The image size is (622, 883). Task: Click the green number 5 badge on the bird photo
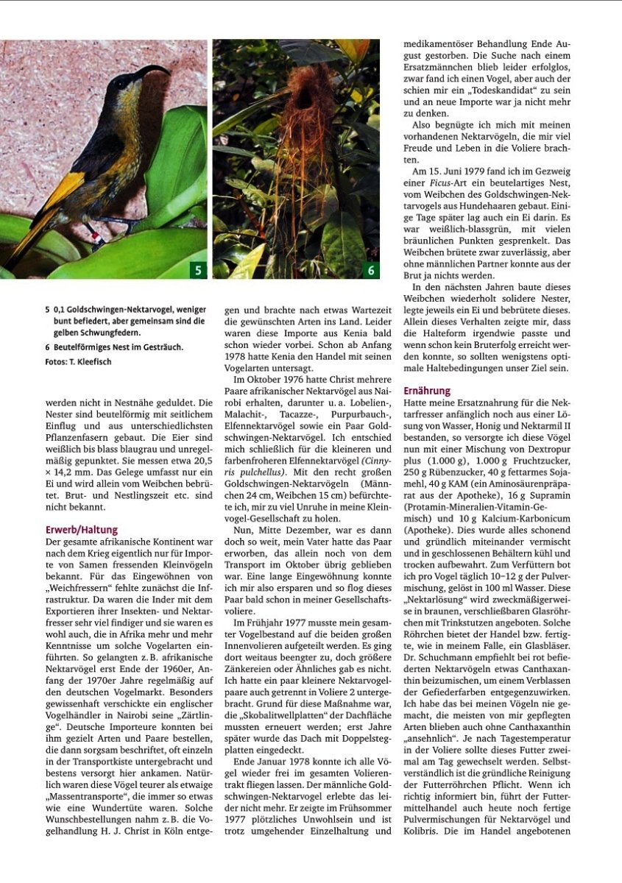197,271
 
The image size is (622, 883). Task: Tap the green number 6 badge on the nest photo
371,271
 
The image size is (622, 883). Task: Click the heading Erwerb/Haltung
81,530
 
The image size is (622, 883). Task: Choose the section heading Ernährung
427,391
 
